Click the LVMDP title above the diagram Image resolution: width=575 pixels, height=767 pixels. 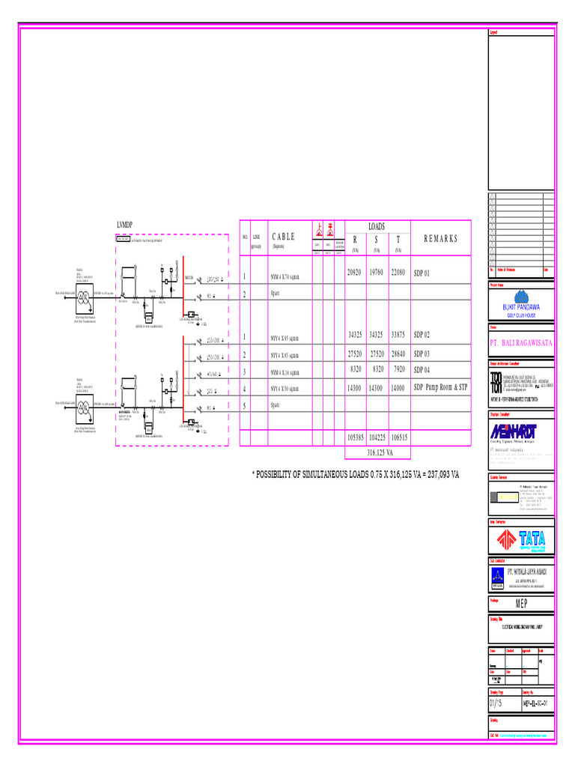(124, 225)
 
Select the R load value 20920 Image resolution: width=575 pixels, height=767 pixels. (354, 273)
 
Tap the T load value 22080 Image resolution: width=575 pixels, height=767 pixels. (398, 273)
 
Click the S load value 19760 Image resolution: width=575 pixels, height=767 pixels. (376, 273)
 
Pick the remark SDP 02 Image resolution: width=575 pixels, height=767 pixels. (422, 335)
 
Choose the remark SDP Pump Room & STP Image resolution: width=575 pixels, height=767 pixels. (440, 389)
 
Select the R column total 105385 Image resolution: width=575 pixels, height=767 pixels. (354, 437)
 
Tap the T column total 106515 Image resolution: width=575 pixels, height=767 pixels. (398, 437)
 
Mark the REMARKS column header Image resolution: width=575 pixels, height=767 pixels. (440, 239)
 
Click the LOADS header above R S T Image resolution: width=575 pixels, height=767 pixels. (376, 225)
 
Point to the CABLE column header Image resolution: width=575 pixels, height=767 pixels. (283, 237)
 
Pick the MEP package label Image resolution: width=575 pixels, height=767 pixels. (521, 604)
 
